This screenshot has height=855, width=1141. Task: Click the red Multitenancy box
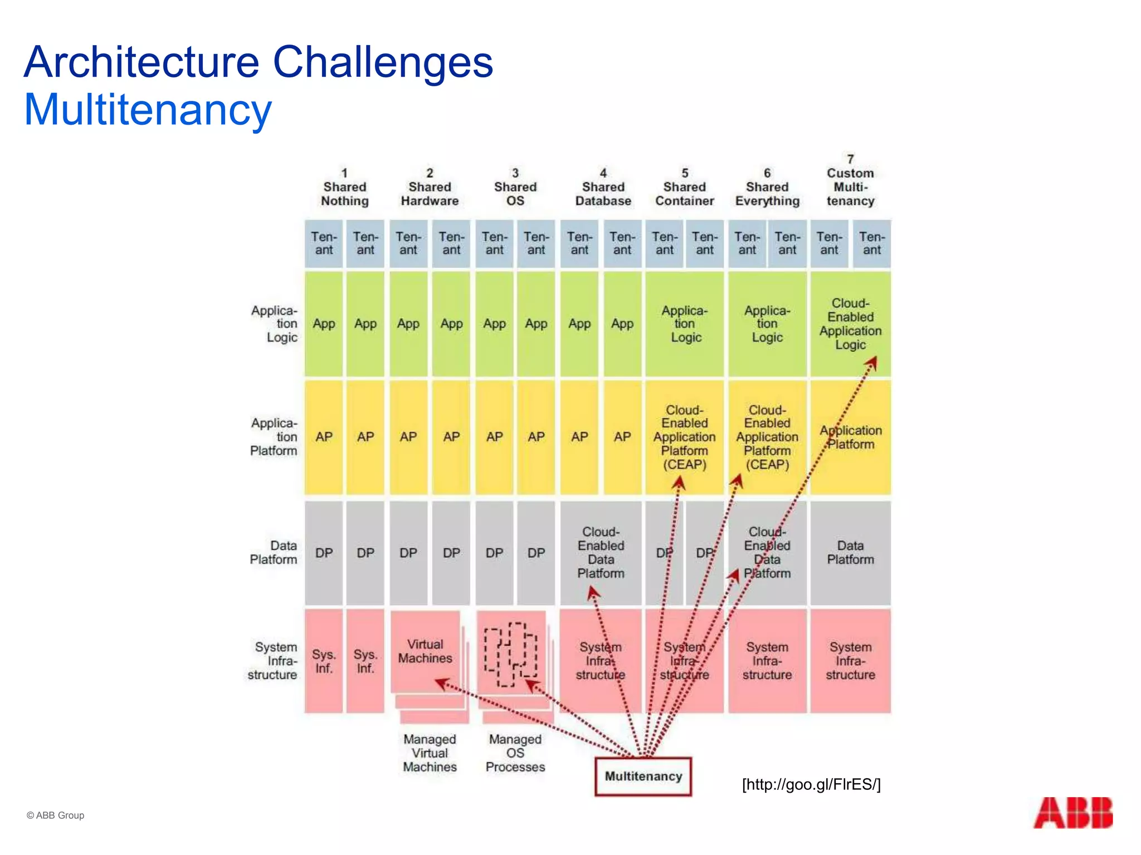coord(643,776)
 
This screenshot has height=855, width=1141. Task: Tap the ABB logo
coord(1072,813)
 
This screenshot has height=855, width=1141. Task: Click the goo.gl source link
coord(811,784)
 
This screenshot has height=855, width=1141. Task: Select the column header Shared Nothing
coord(345,188)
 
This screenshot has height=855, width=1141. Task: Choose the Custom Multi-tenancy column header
coord(850,180)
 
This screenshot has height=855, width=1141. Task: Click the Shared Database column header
coord(603,188)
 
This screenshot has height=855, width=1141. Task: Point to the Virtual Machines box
coord(425,651)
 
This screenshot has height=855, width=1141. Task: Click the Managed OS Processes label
coord(515,753)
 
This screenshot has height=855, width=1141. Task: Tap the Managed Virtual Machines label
coord(430,753)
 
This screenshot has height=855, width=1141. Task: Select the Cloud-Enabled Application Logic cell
coord(850,324)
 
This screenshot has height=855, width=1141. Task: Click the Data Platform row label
coord(273,552)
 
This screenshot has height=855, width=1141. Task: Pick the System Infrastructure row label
coord(272,661)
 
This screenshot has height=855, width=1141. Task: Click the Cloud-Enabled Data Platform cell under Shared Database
coord(601,552)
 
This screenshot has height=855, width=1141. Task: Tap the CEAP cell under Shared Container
coord(684,437)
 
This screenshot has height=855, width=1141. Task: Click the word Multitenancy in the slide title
coord(148,110)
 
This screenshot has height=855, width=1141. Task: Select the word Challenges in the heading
coord(383,62)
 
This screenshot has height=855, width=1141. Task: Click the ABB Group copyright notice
coord(55,815)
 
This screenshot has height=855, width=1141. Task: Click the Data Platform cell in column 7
coord(850,552)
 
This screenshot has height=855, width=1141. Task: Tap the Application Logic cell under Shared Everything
coord(767,324)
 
